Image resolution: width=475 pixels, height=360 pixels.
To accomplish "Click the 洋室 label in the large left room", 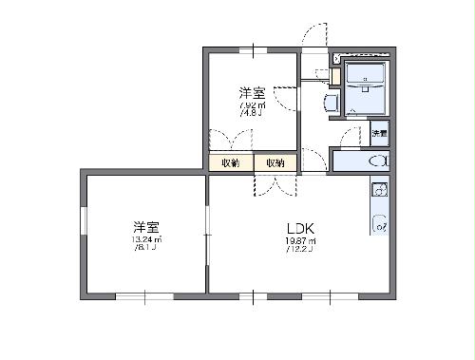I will pos(145,227).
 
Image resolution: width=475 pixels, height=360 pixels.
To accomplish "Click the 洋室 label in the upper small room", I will pos(251,92).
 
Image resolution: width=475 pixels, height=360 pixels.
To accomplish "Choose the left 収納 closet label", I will pos(230,163).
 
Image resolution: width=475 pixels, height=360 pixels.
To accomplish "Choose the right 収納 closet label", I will pos(275,163).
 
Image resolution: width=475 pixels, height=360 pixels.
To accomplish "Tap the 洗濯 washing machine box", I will pos(379,133).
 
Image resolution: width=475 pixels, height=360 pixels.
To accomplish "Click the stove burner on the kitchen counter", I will pos(379,226).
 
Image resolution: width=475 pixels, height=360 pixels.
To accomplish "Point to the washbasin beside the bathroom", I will pos(331,101).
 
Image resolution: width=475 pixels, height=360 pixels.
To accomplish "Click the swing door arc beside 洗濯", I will pos(351,134).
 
